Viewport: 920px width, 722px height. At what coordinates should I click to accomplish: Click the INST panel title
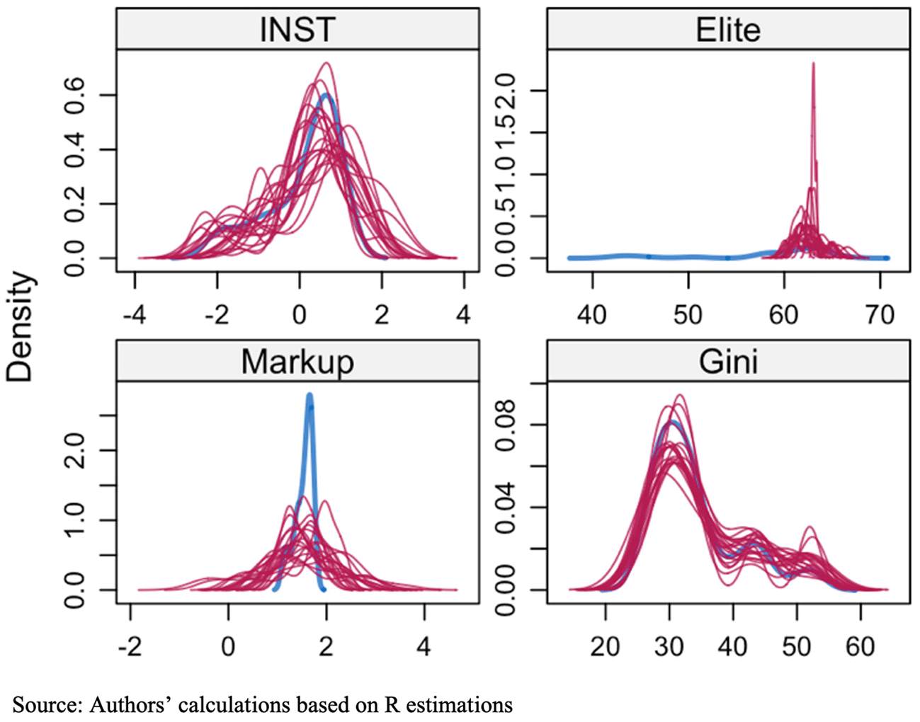tap(297, 29)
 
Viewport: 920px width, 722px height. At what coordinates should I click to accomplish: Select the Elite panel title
tap(728, 30)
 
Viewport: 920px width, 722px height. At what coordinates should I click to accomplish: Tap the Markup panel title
tap(297, 361)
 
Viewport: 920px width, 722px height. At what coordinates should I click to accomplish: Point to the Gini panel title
tap(728, 362)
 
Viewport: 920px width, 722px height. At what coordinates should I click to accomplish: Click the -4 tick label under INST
tap(134, 314)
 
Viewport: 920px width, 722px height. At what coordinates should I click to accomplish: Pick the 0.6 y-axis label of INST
tap(74, 96)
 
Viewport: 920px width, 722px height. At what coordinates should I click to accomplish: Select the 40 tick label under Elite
tap(592, 314)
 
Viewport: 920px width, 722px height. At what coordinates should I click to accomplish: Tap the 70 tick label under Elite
tap(880, 314)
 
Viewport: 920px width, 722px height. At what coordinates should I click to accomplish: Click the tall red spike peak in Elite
tap(813, 64)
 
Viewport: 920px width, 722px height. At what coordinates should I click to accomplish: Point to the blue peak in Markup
tap(309, 396)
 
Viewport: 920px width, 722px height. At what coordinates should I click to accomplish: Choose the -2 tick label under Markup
tap(130, 646)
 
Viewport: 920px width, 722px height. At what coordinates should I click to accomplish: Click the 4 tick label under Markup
tap(424, 646)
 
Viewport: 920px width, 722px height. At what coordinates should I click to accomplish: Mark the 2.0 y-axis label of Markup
tap(74, 450)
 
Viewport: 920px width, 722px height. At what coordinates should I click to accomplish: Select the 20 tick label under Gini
tap(605, 646)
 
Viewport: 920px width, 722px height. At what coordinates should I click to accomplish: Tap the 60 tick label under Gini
tap(861, 646)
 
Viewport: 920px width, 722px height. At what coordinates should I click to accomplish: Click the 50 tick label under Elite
tap(688, 314)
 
